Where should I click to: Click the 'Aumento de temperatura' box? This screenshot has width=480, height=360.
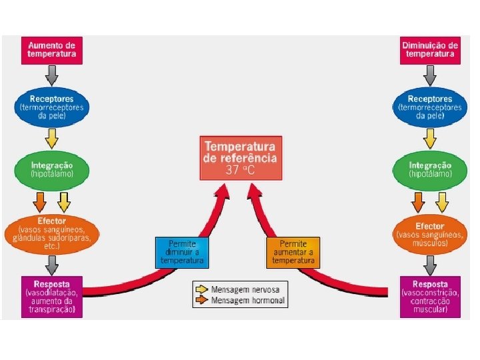52,49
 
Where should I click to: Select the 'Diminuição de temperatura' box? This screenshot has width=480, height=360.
431,49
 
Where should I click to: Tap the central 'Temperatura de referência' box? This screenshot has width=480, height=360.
241,157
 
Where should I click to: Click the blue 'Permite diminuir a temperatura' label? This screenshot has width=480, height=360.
182,252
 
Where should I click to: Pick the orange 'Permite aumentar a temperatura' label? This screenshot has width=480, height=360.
293,252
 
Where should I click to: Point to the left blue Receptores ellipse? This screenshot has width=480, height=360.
53,106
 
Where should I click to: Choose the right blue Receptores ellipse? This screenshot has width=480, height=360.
430,106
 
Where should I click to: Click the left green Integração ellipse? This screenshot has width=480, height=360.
52,169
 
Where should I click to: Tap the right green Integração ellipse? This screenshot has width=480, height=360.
430,169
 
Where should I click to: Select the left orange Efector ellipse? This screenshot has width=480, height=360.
52,233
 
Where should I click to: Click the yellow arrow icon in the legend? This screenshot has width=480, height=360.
201,289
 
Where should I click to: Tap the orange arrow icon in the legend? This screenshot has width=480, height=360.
201,301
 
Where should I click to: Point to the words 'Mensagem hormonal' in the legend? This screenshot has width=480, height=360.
248,301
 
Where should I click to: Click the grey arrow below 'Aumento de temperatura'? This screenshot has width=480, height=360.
52,74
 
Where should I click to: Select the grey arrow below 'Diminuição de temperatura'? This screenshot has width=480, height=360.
431,74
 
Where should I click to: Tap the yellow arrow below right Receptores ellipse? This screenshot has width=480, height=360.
431,138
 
